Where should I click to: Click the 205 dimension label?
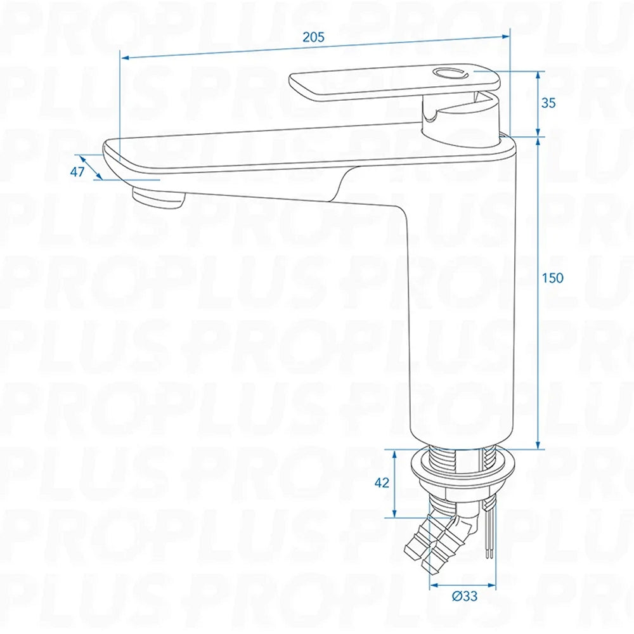pos(313,37)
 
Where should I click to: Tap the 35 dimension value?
pos(548,103)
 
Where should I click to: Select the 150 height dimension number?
pos(552,278)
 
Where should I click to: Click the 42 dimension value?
pos(381,482)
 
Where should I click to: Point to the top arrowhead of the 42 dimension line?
pos(395,453)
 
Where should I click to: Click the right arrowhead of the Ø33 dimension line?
pos(493,584)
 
